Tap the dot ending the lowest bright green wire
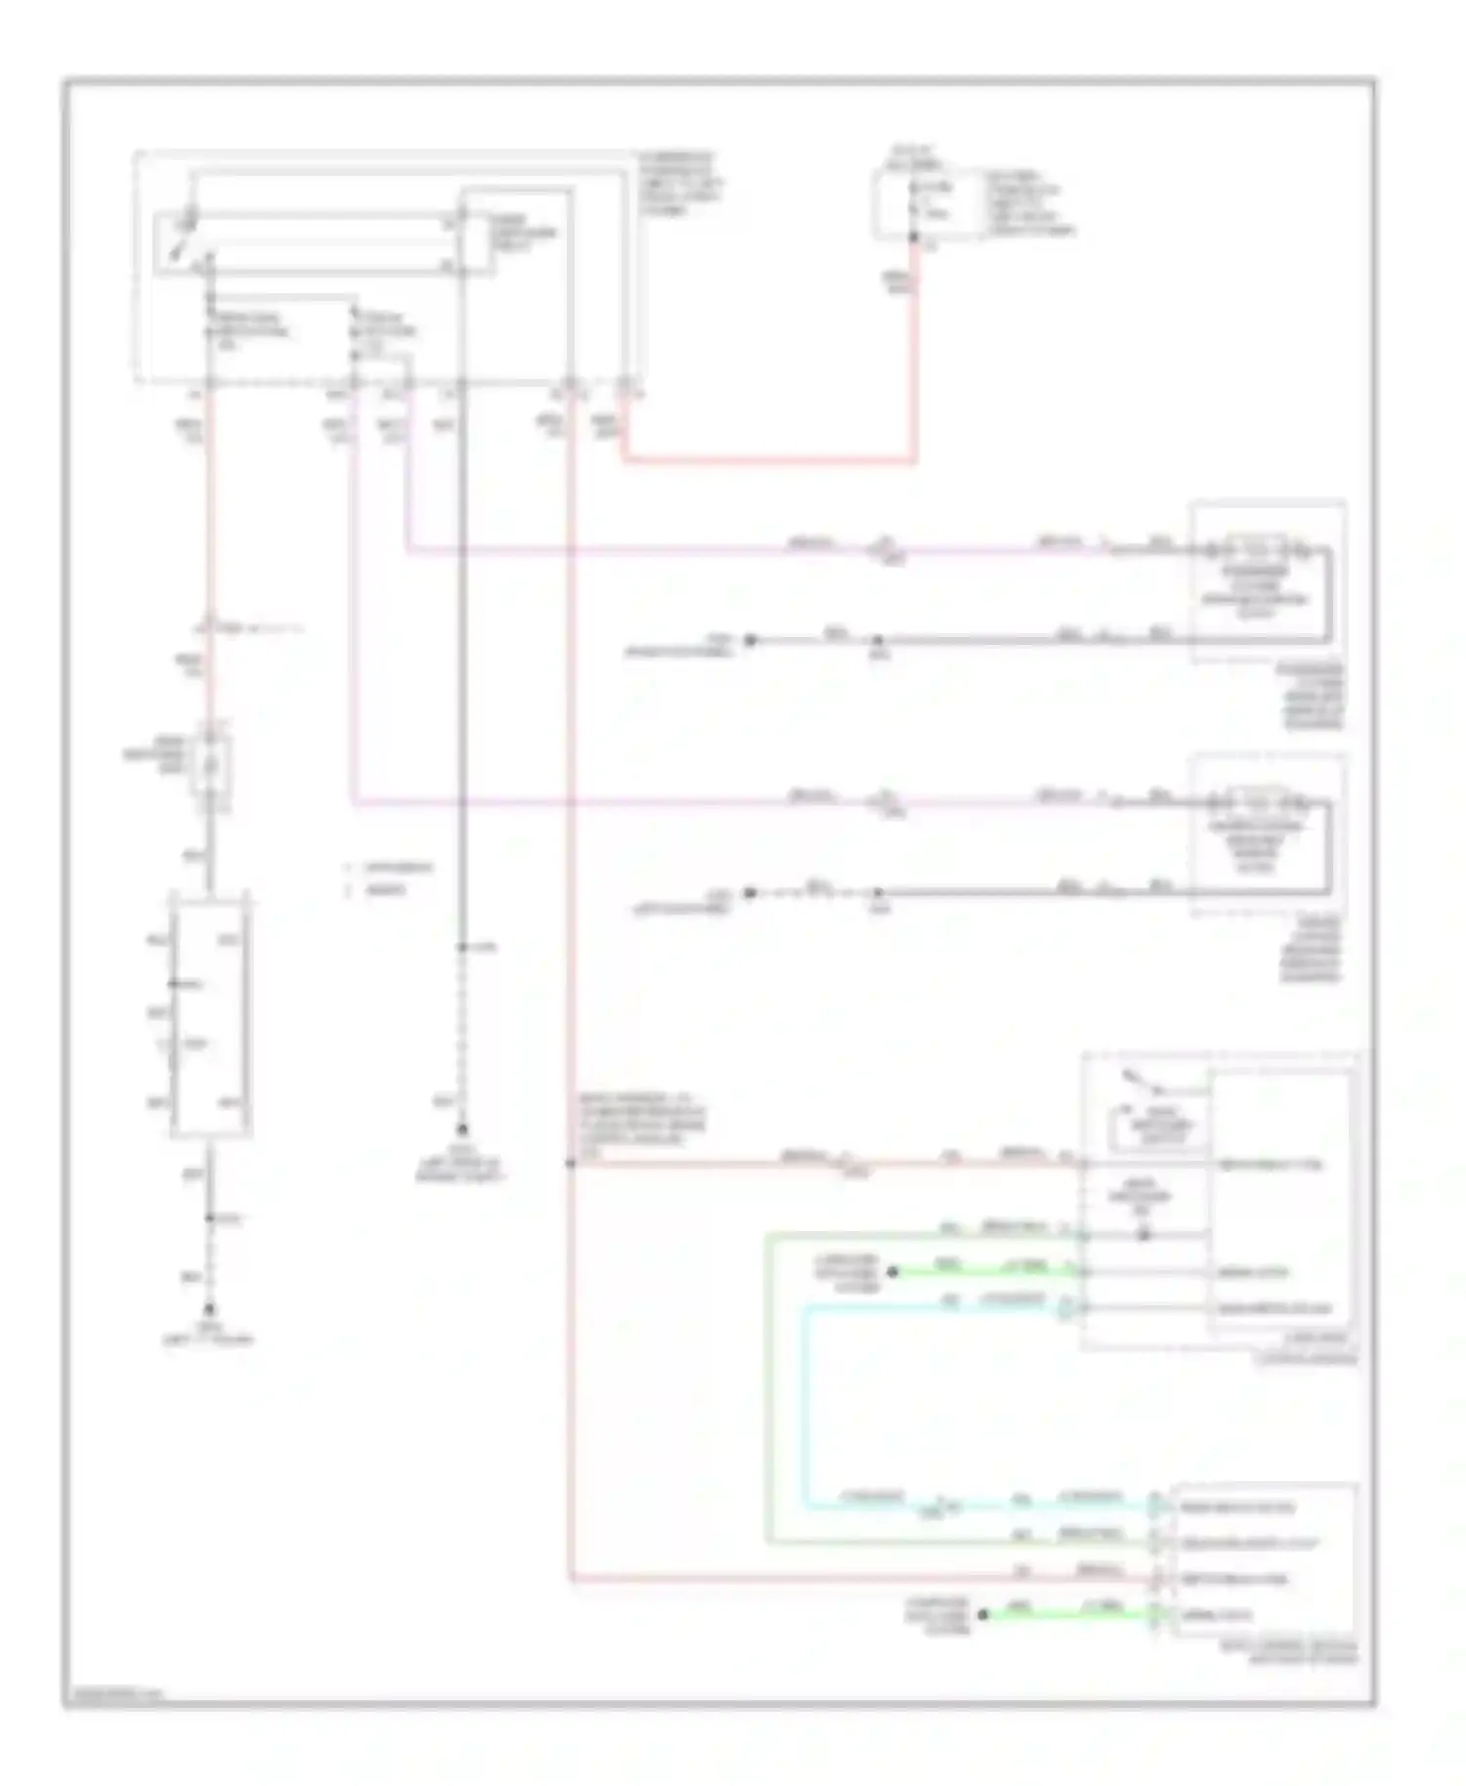coord(984,1615)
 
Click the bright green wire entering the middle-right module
coord(977,1271)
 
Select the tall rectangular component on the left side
coord(211,1013)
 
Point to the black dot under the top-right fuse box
coord(913,237)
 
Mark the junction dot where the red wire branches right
coord(570,1164)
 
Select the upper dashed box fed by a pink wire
coord(1268,581)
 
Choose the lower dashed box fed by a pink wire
coord(1268,835)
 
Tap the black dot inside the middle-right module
coord(1143,1235)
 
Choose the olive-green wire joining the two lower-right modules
coord(768,1387)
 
